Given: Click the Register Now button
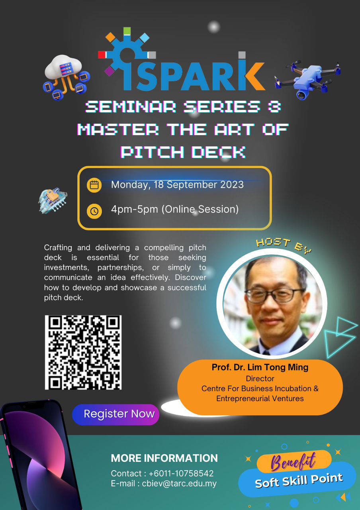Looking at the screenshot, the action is tap(115, 414).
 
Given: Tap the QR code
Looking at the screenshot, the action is tap(83, 352).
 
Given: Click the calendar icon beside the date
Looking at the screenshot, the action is tap(94, 185).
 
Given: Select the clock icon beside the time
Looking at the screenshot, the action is tap(94, 211).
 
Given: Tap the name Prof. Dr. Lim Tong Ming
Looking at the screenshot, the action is tap(260, 367).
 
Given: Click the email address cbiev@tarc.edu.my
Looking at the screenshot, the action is tap(179, 483).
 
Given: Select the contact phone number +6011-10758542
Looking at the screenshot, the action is tap(181, 473).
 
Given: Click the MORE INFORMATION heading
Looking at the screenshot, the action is tap(164, 458).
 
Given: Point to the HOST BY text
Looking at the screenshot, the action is tap(284, 245).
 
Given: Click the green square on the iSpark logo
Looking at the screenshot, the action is tap(127, 31).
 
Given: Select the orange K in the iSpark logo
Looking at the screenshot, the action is tap(255, 76).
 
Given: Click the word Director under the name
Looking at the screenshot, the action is tap(260, 379).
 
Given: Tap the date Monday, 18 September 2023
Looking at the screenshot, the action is tap(177, 184).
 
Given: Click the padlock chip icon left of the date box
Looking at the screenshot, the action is tap(53, 200).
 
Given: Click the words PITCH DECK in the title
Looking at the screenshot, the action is tap(183, 152).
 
